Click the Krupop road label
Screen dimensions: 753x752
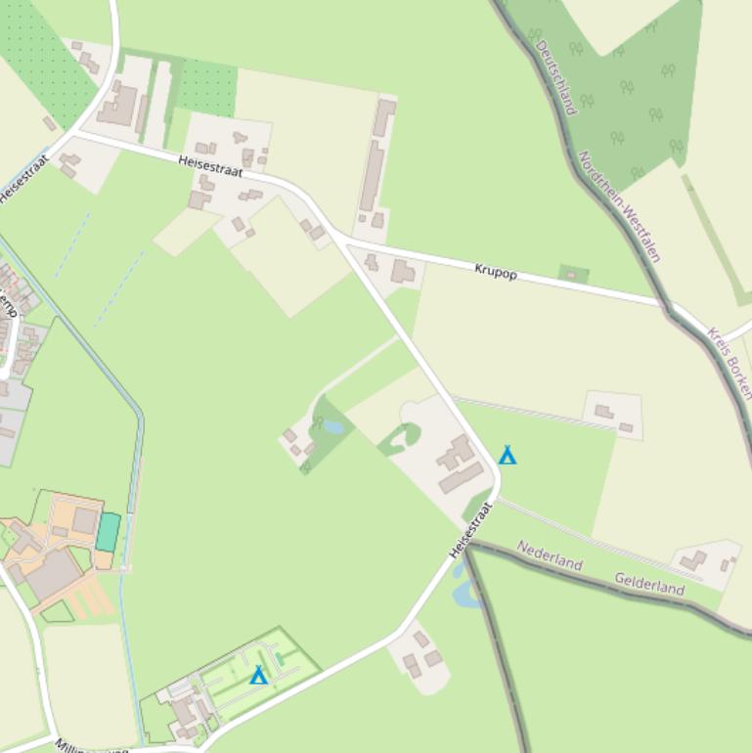pyautogui.click(x=496, y=271)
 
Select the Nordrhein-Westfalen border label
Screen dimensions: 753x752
pyautogui.click(x=619, y=206)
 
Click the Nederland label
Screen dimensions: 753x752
pyautogui.click(x=550, y=555)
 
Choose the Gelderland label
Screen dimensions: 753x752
pyautogui.click(x=649, y=584)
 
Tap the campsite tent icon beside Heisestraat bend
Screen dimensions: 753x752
pyautogui.click(x=507, y=455)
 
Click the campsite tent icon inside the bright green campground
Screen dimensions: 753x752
pyautogui.click(x=258, y=676)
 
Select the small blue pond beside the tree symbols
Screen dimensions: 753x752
pyautogui.click(x=333, y=427)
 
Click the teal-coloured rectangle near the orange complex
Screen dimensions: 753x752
pyautogui.click(x=108, y=531)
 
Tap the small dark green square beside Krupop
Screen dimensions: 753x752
pyautogui.click(x=574, y=274)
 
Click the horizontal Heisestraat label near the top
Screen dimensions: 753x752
pyautogui.click(x=210, y=165)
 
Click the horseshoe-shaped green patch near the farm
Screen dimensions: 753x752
pyautogui.click(x=401, y=439)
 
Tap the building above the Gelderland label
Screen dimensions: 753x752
pyautogui.click(x=695, y=561)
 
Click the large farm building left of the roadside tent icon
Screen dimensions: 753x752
pyautogui.click(x=457, y=464)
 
